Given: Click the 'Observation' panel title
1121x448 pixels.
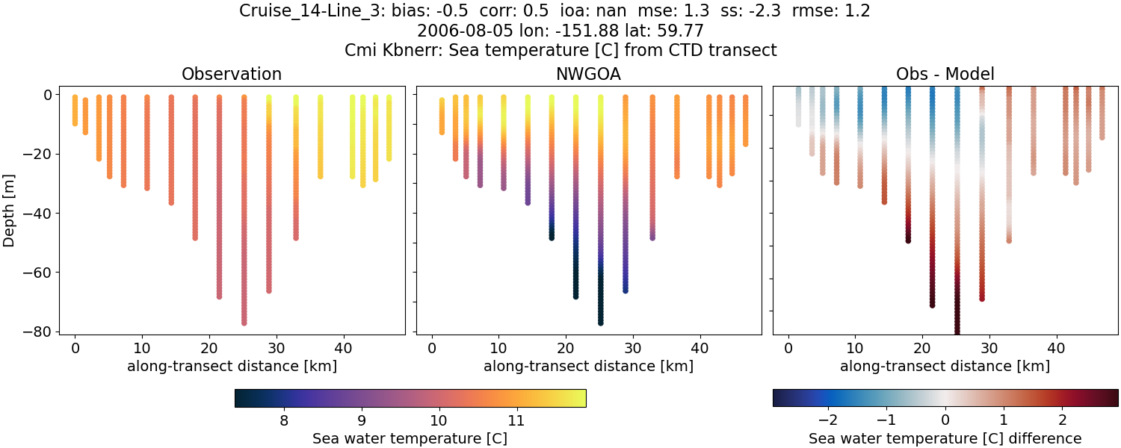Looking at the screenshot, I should pos(232,75).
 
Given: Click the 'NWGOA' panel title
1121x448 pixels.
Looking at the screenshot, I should pos(588,75).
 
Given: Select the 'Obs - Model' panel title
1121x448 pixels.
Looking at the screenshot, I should pos(945,75).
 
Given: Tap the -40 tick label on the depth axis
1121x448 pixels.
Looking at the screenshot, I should pos(35,214).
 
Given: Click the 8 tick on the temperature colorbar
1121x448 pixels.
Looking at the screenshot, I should pos(284,420).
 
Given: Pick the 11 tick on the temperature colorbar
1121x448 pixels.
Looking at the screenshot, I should pos(515,420).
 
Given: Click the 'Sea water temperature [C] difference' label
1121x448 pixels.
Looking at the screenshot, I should pos(945,438).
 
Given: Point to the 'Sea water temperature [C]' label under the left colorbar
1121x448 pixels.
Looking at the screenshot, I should pos(410,438).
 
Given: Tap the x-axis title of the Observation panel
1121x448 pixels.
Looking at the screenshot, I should pos(232,366).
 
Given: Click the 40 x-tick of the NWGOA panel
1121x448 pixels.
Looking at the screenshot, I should pos(700,348).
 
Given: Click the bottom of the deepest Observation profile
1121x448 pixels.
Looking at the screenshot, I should pos(244,323).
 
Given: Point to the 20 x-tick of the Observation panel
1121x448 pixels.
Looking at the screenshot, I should pos(209,348).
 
